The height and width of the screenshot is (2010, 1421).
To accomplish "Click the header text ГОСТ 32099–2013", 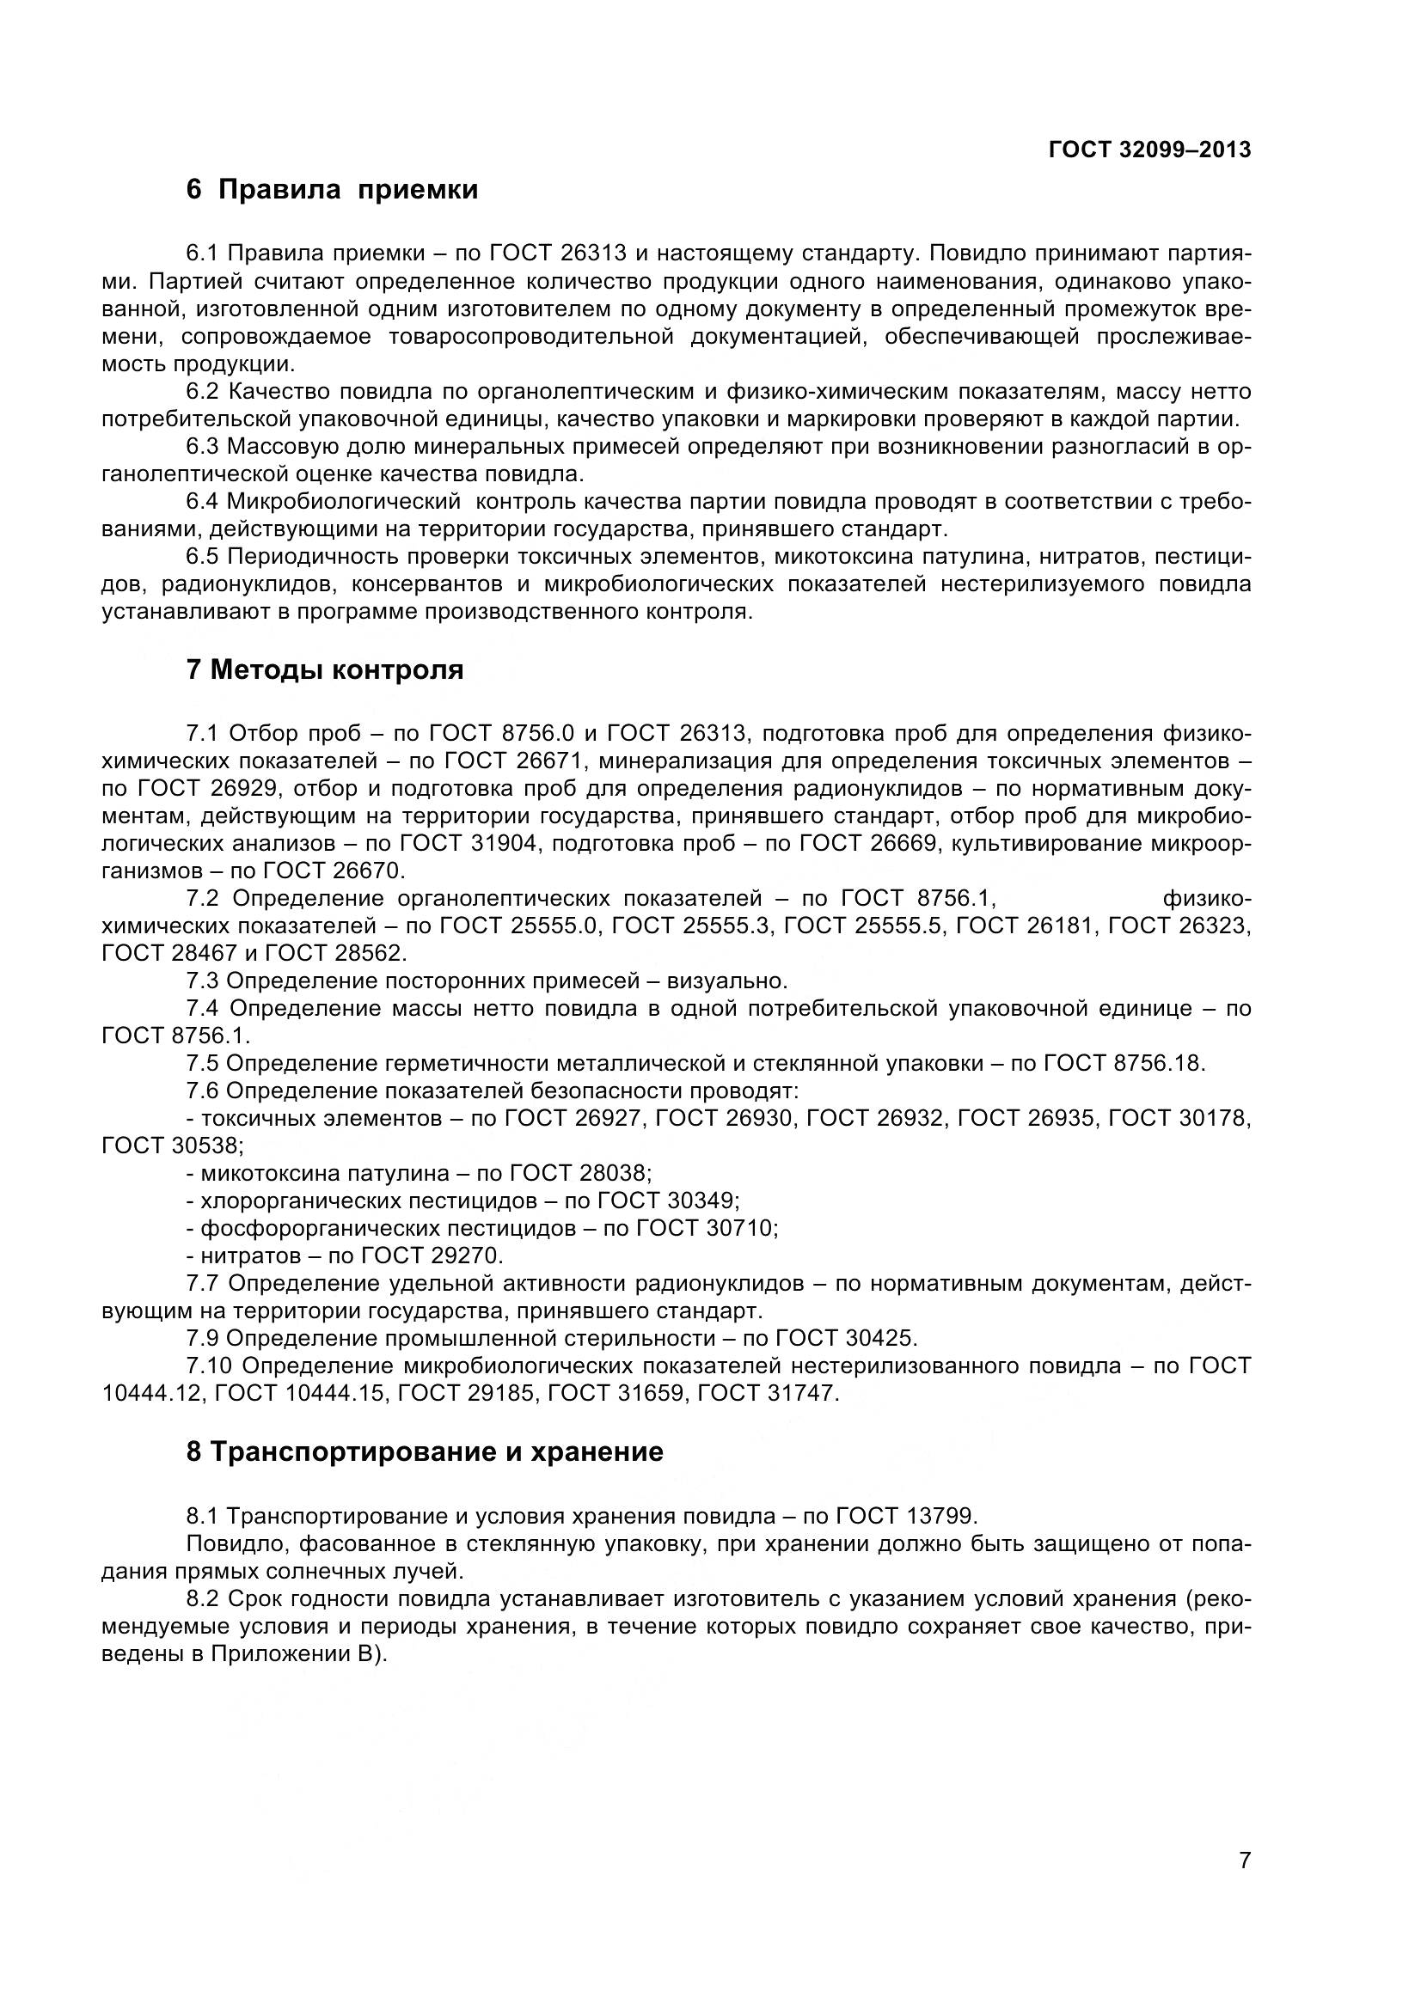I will coord(1148,150).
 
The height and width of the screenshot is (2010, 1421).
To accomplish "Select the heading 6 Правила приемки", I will coord(332,189).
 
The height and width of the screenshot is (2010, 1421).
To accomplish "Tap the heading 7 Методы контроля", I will coord(325,669).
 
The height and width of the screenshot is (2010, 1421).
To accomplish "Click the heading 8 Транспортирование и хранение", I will coord(425,1451).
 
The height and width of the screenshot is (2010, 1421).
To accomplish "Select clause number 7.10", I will coord(209,1365).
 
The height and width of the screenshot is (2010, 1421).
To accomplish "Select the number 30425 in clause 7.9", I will coord(881,1338).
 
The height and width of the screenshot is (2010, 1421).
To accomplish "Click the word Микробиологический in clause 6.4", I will coord(342,502).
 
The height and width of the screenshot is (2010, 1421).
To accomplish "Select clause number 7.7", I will coord(202,1283).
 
